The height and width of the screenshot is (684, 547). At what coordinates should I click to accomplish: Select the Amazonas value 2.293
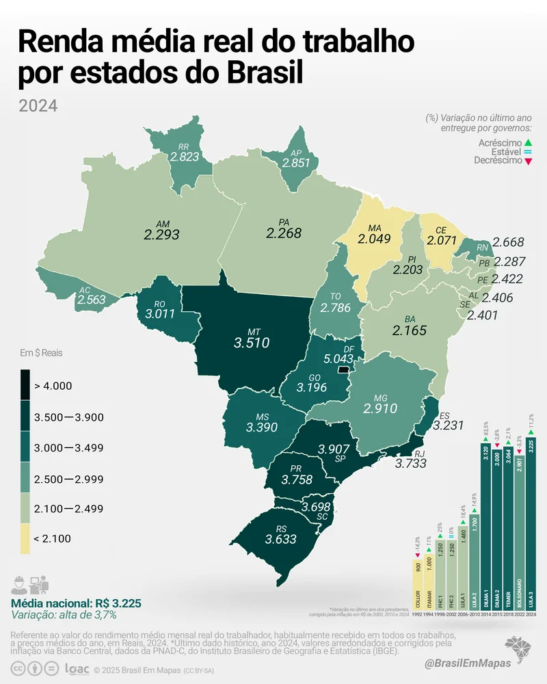(161, 234)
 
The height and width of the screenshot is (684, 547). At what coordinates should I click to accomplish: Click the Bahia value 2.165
(410, 330)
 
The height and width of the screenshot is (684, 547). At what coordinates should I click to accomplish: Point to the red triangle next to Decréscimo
(526, 161)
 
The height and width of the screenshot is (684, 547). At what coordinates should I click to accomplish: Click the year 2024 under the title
(38, 106)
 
